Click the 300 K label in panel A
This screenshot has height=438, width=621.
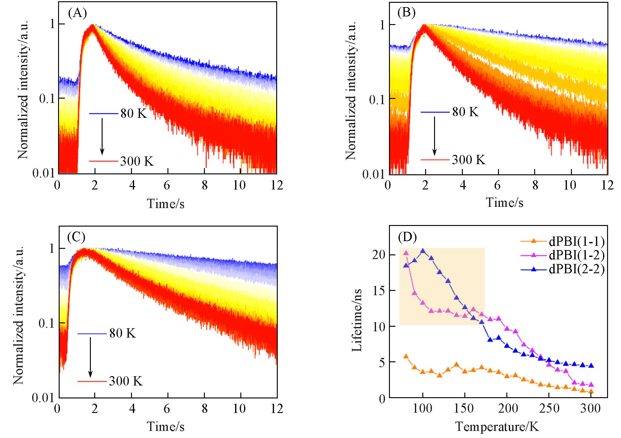[137, 161]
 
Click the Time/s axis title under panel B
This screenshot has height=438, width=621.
[505, 202]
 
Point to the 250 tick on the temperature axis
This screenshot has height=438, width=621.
[549, 409]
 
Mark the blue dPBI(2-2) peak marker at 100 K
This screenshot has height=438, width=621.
[423, 251]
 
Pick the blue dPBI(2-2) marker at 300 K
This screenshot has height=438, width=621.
[591, 365]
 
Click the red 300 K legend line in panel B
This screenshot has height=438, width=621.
[434, 160]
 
